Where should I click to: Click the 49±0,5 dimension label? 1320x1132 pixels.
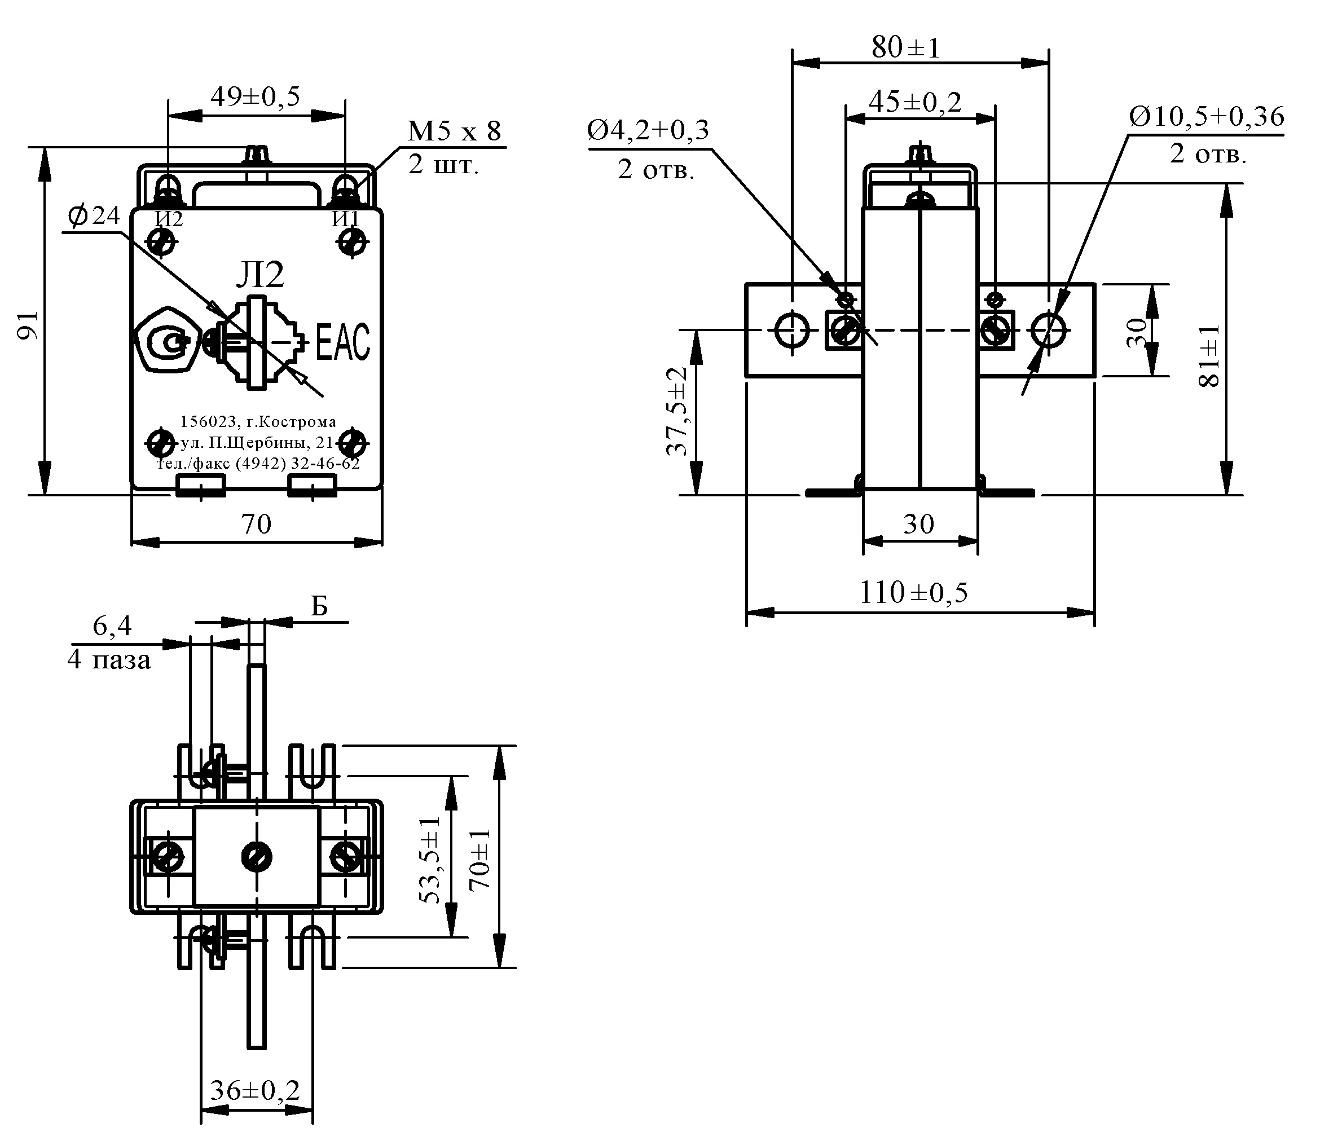pyautogui.click(x=255, y=97)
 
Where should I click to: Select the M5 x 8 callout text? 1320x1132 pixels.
pyautogui.click(x=454, y=131)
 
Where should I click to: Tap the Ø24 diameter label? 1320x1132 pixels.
pyautogui.click(x=94, y=217)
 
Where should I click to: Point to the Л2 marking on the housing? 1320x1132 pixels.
pyautogui.click(x=260, y=275)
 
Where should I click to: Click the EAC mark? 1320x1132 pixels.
pyautogui.click(x=343, y=342)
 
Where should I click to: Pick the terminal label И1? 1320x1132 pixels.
pyautogui.click(x=346, y=219)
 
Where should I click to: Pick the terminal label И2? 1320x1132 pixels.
pyautogui.click(x=169, y=219)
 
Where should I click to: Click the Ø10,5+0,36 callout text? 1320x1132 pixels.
pyautogui.click(x=1207, y=117)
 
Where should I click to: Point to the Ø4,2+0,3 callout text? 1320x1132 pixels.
pyautogui.click(x=648, y=130)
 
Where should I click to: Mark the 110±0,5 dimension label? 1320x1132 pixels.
pyautogui.click(x=913, y=592)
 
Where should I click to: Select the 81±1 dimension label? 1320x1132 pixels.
pyautogui.click(x=1208, y=355)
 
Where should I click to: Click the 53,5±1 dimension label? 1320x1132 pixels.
pyautogui.click(x=430, y=860)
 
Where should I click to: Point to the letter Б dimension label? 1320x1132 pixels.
pyautogui.click(x=319, y=607)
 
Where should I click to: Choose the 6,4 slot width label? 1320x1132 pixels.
pyautogui.click(x=112, y=626)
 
